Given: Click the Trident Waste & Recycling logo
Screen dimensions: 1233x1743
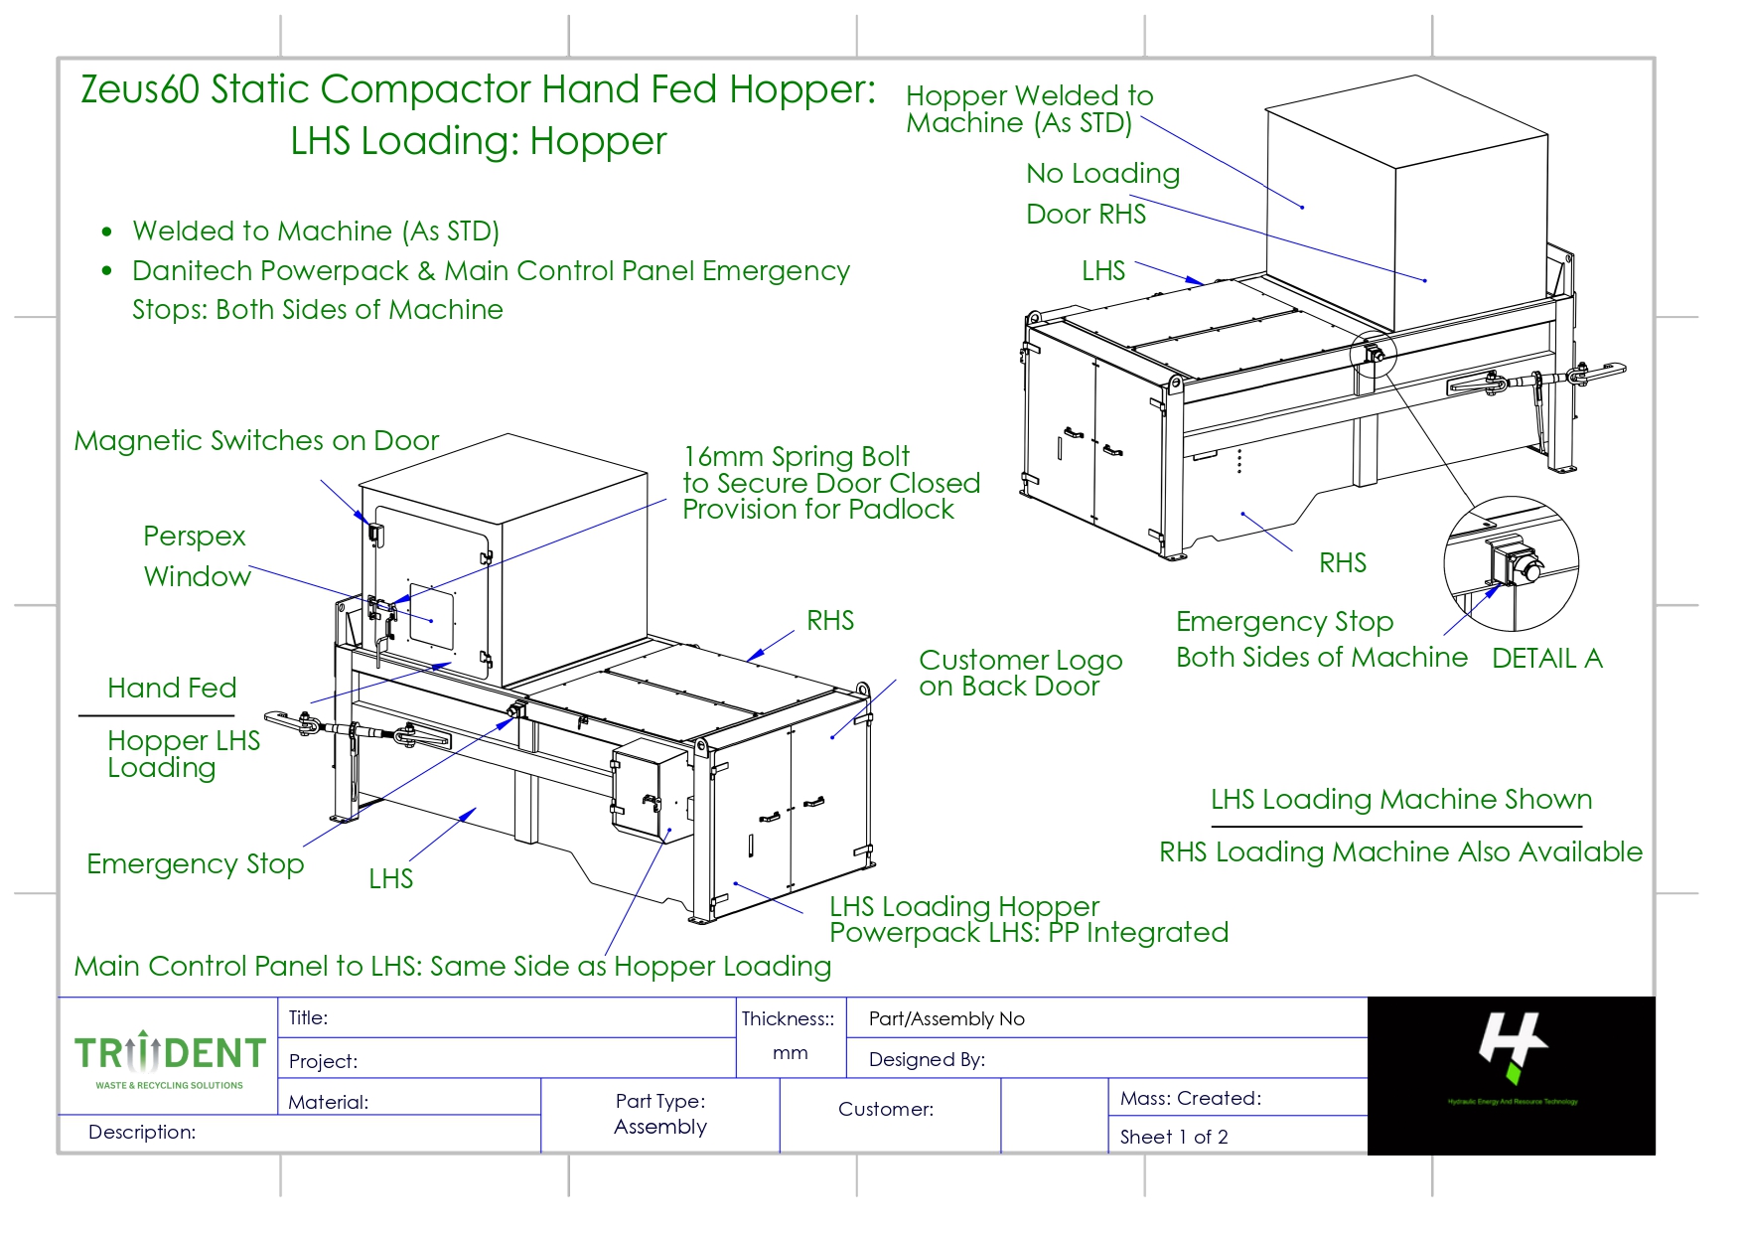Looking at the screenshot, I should [x=170, y=1059].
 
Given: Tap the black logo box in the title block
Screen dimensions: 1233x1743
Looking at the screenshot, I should [x=1511, y=1075].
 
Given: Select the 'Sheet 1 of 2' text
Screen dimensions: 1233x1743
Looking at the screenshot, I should [x=1174, y=1137].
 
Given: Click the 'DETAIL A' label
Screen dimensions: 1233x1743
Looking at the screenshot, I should [x=1546, y=659].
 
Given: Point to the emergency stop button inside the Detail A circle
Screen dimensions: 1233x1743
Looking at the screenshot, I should [x=1515, y=565].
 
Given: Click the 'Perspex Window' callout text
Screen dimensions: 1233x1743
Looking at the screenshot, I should [x=197, y=556].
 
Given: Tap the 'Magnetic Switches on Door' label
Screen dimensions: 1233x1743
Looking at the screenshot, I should [x=256, y=441].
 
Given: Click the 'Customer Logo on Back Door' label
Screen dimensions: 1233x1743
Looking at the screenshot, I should [x=1020, y=673].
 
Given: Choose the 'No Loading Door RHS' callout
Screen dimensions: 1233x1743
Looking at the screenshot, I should [x=1102, y=194].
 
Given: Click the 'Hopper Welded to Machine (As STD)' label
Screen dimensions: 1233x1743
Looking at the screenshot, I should [x=1029, y=109].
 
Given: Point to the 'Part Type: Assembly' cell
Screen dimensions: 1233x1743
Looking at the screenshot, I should [x=660, y=1114].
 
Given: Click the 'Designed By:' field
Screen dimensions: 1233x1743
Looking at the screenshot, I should [x=927, y=1059].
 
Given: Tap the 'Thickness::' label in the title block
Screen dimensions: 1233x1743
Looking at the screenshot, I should [x=788, y=1018].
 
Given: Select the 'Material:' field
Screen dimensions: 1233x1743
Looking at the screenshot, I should [x=328, y=1102].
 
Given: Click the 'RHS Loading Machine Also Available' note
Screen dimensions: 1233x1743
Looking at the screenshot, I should [x=1400, y=852].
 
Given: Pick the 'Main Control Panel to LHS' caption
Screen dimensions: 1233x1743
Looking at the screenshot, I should [x=452, y=966].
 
